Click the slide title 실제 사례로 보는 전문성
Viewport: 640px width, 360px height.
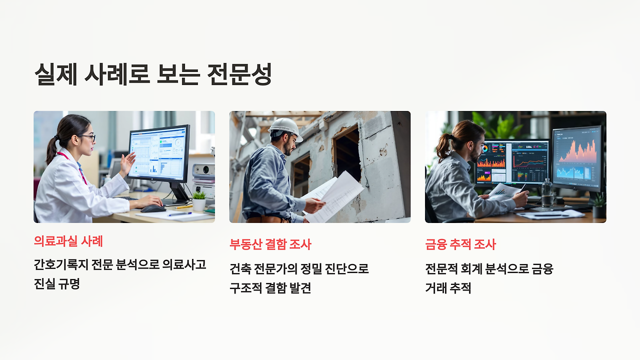pyautogui.click(x=153, y=74)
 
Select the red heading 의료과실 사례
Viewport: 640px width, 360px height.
pyautogui.click(x=68, y=241)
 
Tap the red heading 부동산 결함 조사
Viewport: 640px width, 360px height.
pyautogui.click(x=270, y=244)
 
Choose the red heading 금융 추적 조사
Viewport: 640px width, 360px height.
pyautogui.click(x=460, y=244)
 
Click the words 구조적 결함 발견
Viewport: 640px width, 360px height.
pyautogui.click(x=270, y=288)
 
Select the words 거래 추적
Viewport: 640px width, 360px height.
pyautogui.click(x=448, y=288)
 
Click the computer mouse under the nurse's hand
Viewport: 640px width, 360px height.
pyautogui.click(x=152, y=208)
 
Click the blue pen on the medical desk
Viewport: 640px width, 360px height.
pyautogui.click(x=179, y=214)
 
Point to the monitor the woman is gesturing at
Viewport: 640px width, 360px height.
pyautogui.click(x=159, y=152)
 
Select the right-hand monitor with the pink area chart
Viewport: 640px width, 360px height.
pyautogui.click(x=577, y=156)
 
